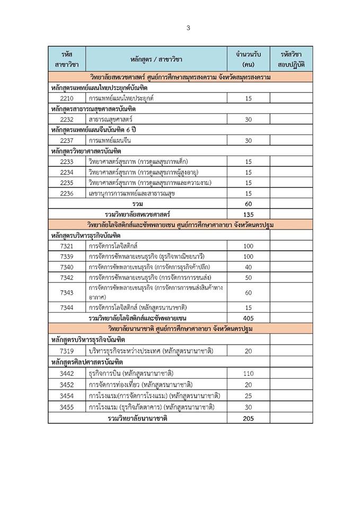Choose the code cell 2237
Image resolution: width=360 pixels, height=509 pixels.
67,140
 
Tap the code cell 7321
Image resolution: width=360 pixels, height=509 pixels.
67,246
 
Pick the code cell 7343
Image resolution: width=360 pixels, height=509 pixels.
67,292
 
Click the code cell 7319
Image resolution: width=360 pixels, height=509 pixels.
67,351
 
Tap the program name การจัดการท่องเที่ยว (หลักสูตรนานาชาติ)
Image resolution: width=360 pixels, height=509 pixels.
141,384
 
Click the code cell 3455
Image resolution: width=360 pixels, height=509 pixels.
67,407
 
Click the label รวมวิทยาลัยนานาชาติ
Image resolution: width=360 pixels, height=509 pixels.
137,418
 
